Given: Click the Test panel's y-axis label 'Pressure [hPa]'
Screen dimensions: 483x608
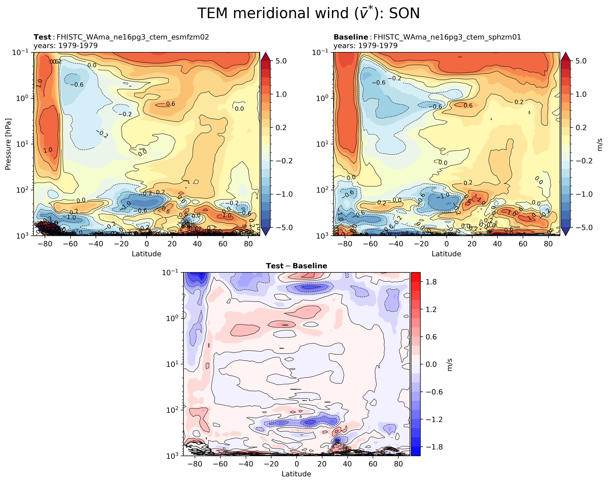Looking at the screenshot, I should (x=8, y=144).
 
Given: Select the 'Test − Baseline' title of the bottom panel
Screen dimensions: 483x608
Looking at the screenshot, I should (x=296, y=266).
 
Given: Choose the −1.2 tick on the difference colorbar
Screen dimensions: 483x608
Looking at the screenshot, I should (x=434, y=419).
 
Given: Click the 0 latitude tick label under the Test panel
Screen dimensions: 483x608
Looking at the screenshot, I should (x=147, y=244).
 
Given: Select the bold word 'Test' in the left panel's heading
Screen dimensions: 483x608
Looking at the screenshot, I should (x=42, y=37).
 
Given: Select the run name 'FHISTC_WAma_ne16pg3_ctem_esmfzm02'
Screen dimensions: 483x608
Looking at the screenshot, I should (x=133, y=37).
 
